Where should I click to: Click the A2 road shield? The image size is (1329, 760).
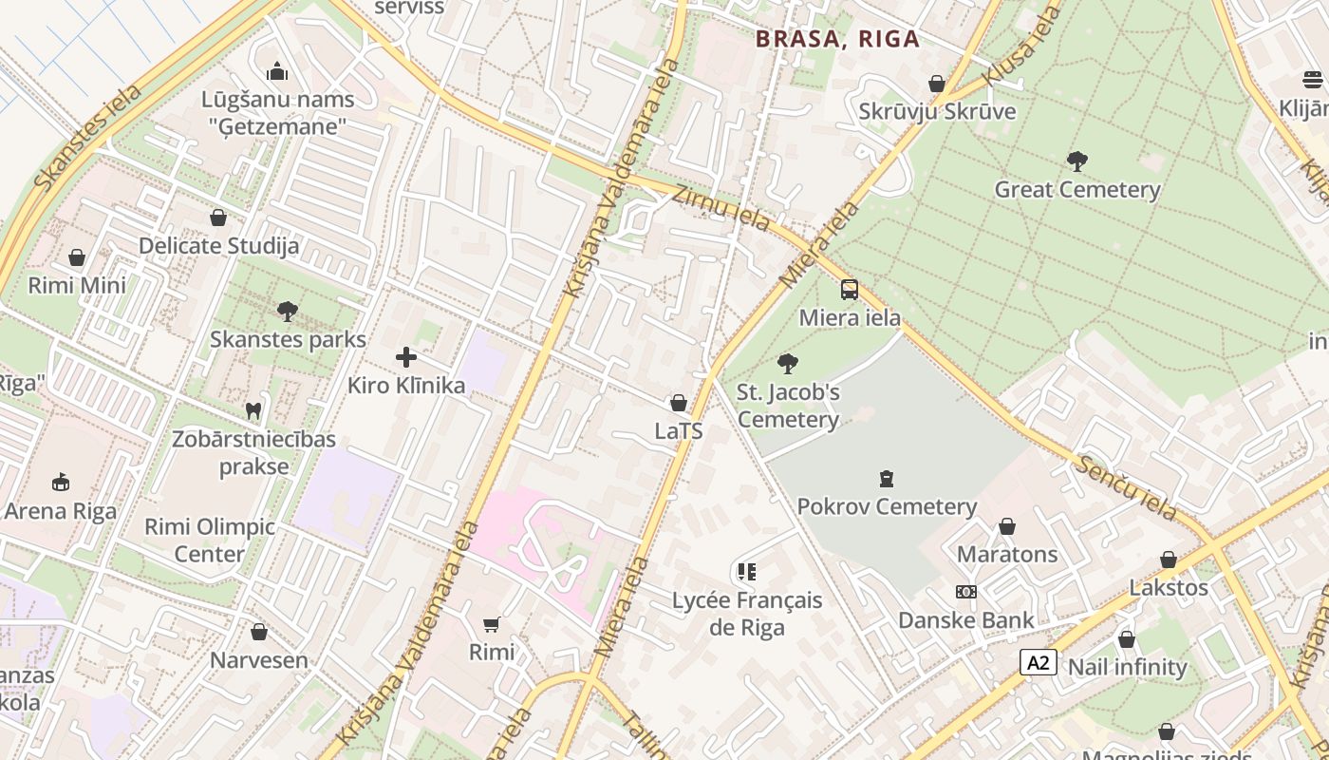point(1039,662)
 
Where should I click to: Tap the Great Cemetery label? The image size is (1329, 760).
point(1076,189)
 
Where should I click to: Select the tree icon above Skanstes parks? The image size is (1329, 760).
point(288,311)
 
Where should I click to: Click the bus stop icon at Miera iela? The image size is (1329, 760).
point(850,290)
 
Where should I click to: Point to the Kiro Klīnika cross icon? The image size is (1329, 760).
point(406,357)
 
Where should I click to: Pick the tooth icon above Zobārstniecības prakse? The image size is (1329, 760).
point(253,410)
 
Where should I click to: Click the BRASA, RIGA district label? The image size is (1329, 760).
point(837,39)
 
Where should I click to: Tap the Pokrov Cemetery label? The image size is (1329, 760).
point(887,506)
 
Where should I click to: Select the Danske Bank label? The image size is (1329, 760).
point(966,620)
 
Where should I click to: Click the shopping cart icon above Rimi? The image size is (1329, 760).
point(492,624)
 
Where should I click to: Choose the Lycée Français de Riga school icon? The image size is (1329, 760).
point(747,571)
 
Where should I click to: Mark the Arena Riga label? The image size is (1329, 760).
point(61,511)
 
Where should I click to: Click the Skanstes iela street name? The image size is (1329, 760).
point(87,137)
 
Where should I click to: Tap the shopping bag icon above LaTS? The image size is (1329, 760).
point(679,403)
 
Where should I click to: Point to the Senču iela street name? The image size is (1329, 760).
point(1127,486)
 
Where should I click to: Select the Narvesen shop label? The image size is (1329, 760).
point(259,660)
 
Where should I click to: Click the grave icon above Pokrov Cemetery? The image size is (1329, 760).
point(887,478)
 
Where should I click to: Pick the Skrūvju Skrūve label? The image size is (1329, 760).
point(937,111)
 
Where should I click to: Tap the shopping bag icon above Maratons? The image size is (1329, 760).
point(1007,526)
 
